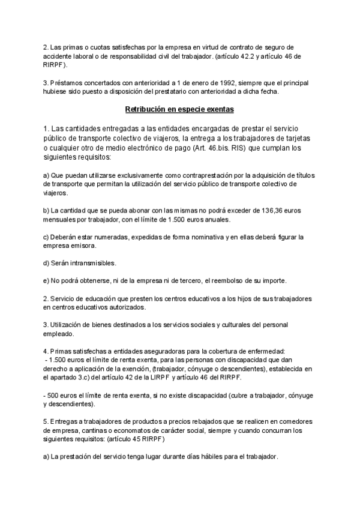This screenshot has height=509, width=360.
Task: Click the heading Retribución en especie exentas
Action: point(179,109)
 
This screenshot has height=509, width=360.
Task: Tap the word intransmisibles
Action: point(91,263)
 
